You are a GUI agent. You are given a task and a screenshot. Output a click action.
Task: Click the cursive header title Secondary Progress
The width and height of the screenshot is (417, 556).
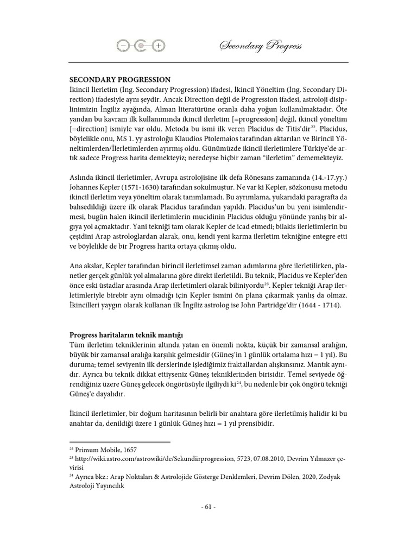[x=261, y=47]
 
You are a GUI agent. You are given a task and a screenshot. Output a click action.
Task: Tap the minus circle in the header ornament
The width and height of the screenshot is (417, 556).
[x=124, y=47]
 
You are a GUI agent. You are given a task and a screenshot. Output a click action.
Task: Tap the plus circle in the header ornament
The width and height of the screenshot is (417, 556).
[x=158, y=47]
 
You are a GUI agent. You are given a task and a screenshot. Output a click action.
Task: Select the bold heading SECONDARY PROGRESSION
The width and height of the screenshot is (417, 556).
[x=120, y=79]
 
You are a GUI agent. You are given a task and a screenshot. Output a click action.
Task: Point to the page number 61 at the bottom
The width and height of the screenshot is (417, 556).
[x=208, y=507]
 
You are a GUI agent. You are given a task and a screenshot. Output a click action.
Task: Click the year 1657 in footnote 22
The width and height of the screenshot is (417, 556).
[x=129, y=450]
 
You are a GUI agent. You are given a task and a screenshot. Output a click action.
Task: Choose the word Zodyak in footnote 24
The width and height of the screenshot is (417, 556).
[x=333, y=477]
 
